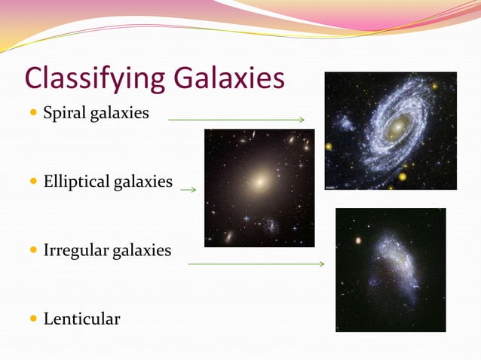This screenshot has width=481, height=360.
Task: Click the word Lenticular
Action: coord(81,319)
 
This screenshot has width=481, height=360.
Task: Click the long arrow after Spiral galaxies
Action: coord(236,120)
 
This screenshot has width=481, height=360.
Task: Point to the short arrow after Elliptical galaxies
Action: coord(188,190)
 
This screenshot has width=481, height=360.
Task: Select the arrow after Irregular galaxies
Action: coord(256,264)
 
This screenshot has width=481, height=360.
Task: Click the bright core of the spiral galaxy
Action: coord(396,128)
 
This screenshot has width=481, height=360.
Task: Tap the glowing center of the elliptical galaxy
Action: coord(261,181)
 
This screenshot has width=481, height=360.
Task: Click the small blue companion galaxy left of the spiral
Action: coord(346,123)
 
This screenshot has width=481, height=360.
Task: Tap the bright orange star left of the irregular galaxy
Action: coord(358,241)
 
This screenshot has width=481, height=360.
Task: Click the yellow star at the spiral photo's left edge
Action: coord(328,146)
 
